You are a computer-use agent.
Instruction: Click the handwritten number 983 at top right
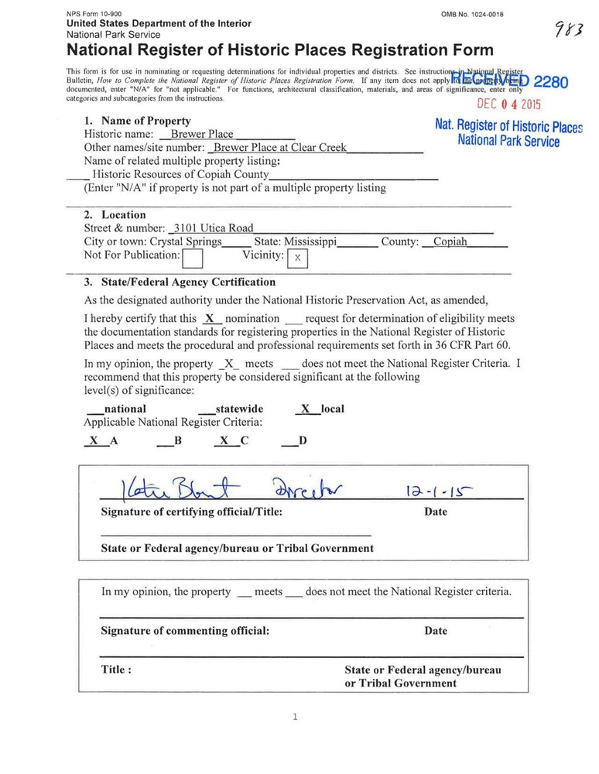point(569,32)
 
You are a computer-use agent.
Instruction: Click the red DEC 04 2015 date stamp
point(508,104)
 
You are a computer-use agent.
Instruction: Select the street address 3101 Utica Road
point(211,228)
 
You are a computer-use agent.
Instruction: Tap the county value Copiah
point(450,241)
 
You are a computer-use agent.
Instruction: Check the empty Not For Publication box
point(193,257)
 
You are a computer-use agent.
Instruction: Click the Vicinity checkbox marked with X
point(297,258)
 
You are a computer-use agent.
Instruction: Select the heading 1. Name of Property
point(138,121)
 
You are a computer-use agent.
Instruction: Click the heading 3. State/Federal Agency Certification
point(180,282)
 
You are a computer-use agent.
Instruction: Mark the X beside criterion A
point(94,440)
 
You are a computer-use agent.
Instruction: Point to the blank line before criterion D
point(289,443)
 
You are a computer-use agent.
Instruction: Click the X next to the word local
point(305,409)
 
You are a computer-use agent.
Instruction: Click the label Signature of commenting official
point(185,631)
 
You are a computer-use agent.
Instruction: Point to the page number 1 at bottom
point(296,717)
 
